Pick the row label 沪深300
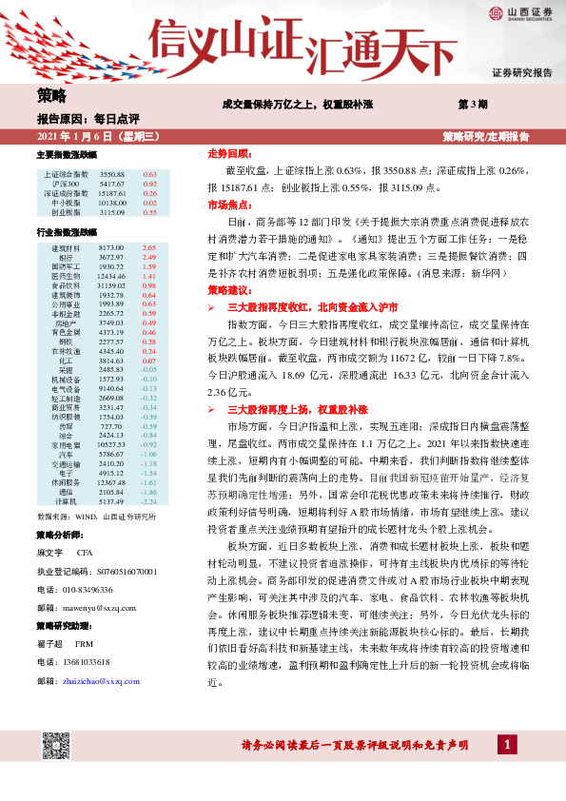click(x=66, y=184)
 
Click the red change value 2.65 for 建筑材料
click(x=148, y=247)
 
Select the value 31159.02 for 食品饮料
click(x=111, y=284)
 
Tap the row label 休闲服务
click(x=66, y=482)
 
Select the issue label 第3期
click(x=473, y=103)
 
